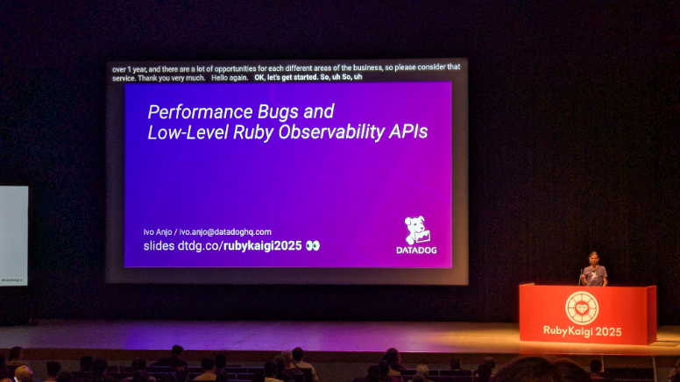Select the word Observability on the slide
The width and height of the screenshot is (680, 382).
click(331, 131)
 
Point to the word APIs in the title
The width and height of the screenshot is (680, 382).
click(408, 131)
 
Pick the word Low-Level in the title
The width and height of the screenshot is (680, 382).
click(188, 131)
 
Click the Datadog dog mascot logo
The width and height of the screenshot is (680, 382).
click(417, 230)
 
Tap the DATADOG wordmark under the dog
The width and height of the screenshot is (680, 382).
click(416, 251)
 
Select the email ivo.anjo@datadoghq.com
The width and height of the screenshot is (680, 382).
click(225, 232)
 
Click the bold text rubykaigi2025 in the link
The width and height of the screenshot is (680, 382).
click(262, 246)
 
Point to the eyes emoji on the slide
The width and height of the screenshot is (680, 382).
click(312, 246)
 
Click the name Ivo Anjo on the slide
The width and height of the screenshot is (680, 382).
click(158, 232)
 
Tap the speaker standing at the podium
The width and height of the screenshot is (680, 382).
click(594, 270)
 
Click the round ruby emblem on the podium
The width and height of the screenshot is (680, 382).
click(582, 308)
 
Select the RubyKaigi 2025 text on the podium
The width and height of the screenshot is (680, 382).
click(583, 332)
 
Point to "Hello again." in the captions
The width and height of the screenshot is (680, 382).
click(230, 78)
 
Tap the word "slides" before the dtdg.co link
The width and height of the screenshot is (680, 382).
click(159, 246)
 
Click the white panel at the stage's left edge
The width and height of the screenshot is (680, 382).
click(14, 236)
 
